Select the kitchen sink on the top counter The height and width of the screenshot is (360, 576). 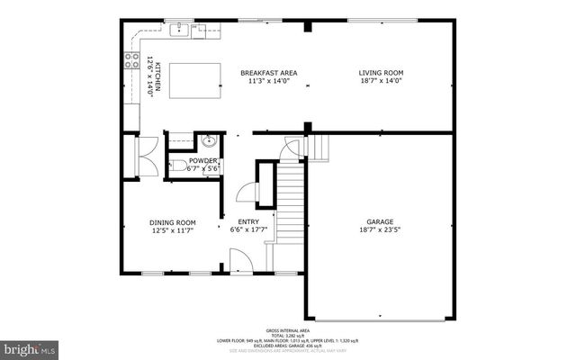pyautogui.click(x=180, y=29)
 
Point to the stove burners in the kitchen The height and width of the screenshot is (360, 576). pyautogui.click(x=127, y=63)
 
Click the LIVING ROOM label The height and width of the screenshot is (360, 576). pyautogui.click(x=381, y=73)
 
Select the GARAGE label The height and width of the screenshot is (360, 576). pyautogui.click(x=379, y=221)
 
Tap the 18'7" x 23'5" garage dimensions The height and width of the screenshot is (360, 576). pyautogui.click(x=379, y=229)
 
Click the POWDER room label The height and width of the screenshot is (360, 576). pyautogui.click(x=202, y=160)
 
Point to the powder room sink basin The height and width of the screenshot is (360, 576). pyautogui.click(x=209, y=140)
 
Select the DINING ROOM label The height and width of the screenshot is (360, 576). pyautogui.click(x=172, y=222)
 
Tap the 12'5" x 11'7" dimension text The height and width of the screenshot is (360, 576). pyautogui.click(x=172, y=230)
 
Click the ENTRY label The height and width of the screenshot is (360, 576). pyautogui.click(x=248, y=222)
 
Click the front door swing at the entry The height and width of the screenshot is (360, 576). pyautogui.click(x=238, y=261)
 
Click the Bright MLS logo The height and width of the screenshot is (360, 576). pyautogui.click(x=30, y=346)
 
